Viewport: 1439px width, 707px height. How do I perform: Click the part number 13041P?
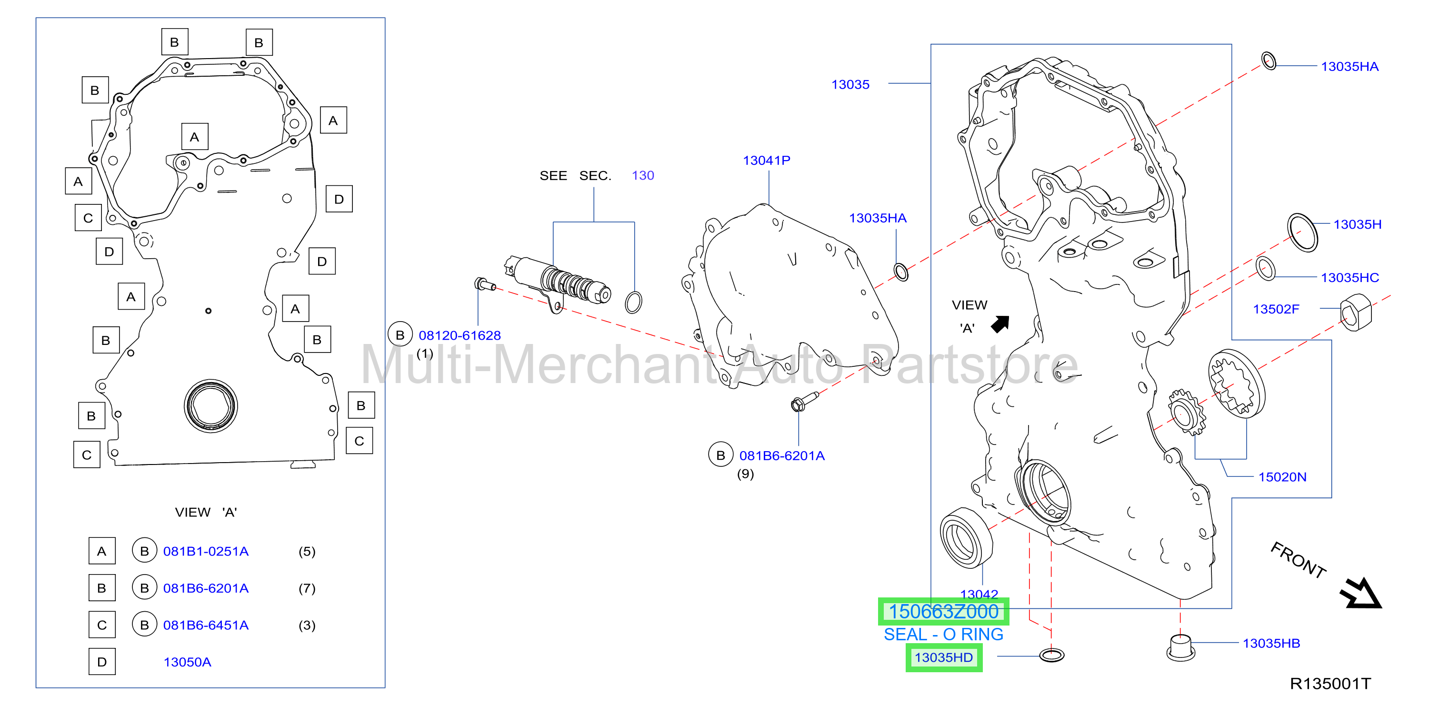click(x=767, y=161)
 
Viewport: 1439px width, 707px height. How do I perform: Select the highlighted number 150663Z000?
click(x=943, y=611)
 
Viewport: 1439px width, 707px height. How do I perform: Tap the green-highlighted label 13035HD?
click(x=943, y=657)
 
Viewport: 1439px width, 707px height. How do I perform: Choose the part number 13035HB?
click(x=1271, y=643)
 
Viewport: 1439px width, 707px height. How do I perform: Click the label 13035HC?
click(x=1349, y=278)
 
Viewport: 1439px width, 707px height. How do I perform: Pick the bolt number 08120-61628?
click(x=460, y=335)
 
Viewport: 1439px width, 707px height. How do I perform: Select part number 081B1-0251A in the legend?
click(x=206, y=551)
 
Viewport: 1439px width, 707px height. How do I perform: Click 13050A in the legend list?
click(x=187, y=662)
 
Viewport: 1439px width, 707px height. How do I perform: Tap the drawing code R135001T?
click(x=1330, y=684)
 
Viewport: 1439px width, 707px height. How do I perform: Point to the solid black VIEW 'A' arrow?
click(x=1000, y=324)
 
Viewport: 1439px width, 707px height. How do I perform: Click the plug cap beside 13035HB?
click(x=1180, y=649)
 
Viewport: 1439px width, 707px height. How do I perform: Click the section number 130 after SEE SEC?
click(x=642, y=175)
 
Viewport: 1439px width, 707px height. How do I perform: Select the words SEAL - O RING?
click(x=943, y=634)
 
